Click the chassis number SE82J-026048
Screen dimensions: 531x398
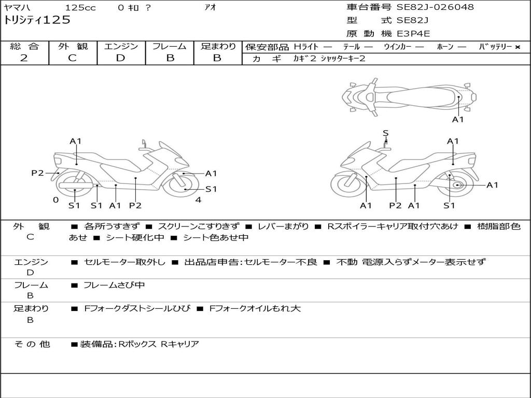435,7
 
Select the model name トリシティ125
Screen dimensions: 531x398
37,20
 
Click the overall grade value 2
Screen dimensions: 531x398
24,58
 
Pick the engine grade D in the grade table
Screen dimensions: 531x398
120,58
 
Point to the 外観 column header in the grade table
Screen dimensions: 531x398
73,46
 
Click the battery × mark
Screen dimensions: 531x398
518,47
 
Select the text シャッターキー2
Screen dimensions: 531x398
343,59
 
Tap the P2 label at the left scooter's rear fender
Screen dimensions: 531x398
37,173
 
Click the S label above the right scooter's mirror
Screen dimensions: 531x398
385,133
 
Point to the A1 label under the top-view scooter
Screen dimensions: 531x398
458,120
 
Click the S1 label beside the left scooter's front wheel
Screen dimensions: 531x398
211,189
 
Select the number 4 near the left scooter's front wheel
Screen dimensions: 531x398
199,200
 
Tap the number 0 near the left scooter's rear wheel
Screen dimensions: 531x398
56,200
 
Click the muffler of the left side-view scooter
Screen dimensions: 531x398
76,186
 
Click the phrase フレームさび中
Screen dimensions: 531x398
114,285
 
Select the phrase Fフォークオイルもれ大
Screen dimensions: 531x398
255,308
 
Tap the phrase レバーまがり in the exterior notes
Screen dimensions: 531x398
283,226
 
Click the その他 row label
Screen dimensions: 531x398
32,344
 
